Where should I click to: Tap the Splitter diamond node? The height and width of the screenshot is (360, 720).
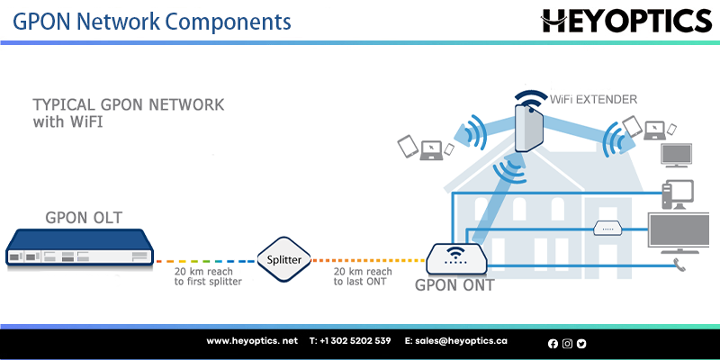[285, 260]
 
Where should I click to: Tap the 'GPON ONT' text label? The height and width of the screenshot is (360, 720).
[454, 287]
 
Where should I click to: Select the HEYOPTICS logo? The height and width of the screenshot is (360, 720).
[626, 20]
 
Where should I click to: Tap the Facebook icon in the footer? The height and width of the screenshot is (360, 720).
[553, 343]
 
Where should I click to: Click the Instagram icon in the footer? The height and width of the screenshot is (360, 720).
[567, 343]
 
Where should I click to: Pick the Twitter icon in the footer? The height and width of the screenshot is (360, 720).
[581, 343]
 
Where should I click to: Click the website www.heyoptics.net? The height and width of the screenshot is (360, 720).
[252, 342]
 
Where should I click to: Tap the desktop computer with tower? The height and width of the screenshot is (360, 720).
[677, 193]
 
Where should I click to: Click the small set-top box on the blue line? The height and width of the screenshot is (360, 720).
[606, 227]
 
